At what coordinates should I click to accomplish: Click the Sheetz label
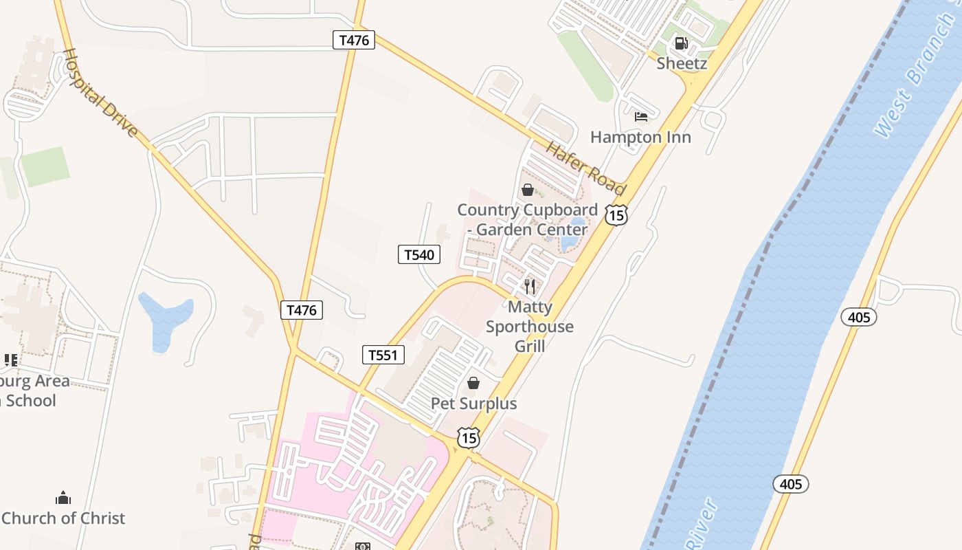pos(682,63)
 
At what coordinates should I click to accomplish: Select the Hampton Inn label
pos(640,137)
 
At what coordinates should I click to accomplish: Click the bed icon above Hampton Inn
pos(641,116)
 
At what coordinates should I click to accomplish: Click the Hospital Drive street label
pos(100,92)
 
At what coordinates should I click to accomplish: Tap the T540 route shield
pos(419,255)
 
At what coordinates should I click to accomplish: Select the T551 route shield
pos(383,355)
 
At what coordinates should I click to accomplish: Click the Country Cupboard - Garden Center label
pos(528,219)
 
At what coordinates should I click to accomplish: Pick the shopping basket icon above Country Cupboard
pos(528,190)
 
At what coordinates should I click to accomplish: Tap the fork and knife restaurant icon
pos(530,286)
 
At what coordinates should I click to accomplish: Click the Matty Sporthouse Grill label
pos(530,327)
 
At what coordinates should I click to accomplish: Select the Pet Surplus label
pos(473,404)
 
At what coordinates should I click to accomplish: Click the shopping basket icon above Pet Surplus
pos(473,383)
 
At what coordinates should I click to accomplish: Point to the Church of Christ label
pos(63,518)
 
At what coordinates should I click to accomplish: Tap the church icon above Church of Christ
pos(63,497)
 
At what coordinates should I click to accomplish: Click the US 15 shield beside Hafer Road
pos(616,214)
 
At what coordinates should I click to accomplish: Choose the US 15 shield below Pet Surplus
pos(468,437)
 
